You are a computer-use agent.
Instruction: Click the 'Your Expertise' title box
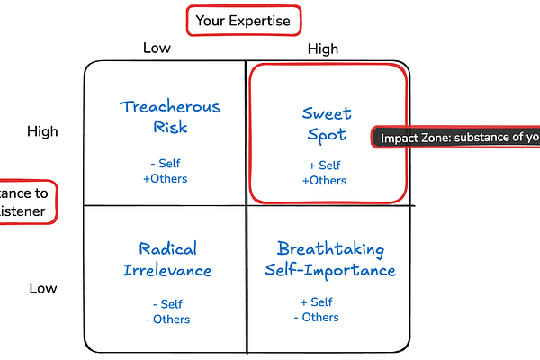point(242,21)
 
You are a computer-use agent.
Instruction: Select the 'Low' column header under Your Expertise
point(157,48)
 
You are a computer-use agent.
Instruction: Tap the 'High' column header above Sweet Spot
point(324,48)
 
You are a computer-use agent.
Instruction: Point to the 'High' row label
point(42,131)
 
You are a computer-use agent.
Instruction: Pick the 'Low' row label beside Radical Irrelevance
point(42,288)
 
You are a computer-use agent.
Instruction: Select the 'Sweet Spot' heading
point(327,124)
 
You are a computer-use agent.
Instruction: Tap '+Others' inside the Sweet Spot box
point(324,181)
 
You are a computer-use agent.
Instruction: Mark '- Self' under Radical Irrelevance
point(168,304)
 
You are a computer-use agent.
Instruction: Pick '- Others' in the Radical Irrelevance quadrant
point(168,319)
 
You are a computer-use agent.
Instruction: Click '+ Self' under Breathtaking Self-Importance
point(317,301)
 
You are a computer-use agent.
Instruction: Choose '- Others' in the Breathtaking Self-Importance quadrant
point(317,317)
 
